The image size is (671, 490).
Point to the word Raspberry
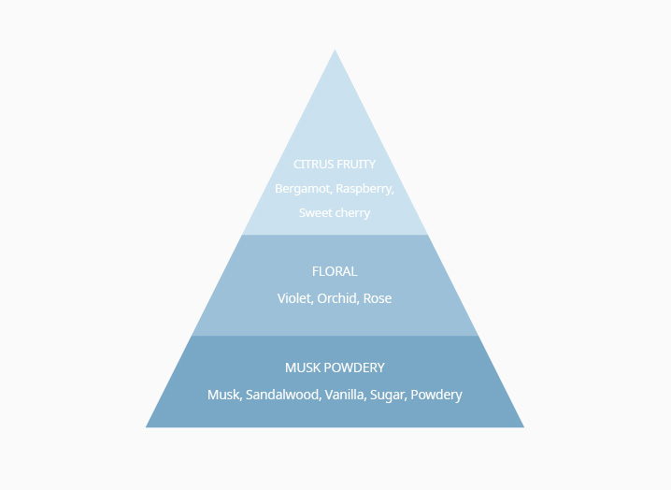(x=365, y=189)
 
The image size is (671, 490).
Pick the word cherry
(x=352, y=213)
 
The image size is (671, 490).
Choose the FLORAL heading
(x=335, y=271)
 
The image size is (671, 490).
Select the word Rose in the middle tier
(x=378, y=298)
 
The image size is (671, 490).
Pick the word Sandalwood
(x=283, y=395)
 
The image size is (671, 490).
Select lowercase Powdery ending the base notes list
(x=436, y=395)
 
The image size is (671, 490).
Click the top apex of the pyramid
(x=335, y=50)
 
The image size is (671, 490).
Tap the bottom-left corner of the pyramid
(x=146, y=427)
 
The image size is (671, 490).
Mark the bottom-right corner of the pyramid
(x=524, y=427)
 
